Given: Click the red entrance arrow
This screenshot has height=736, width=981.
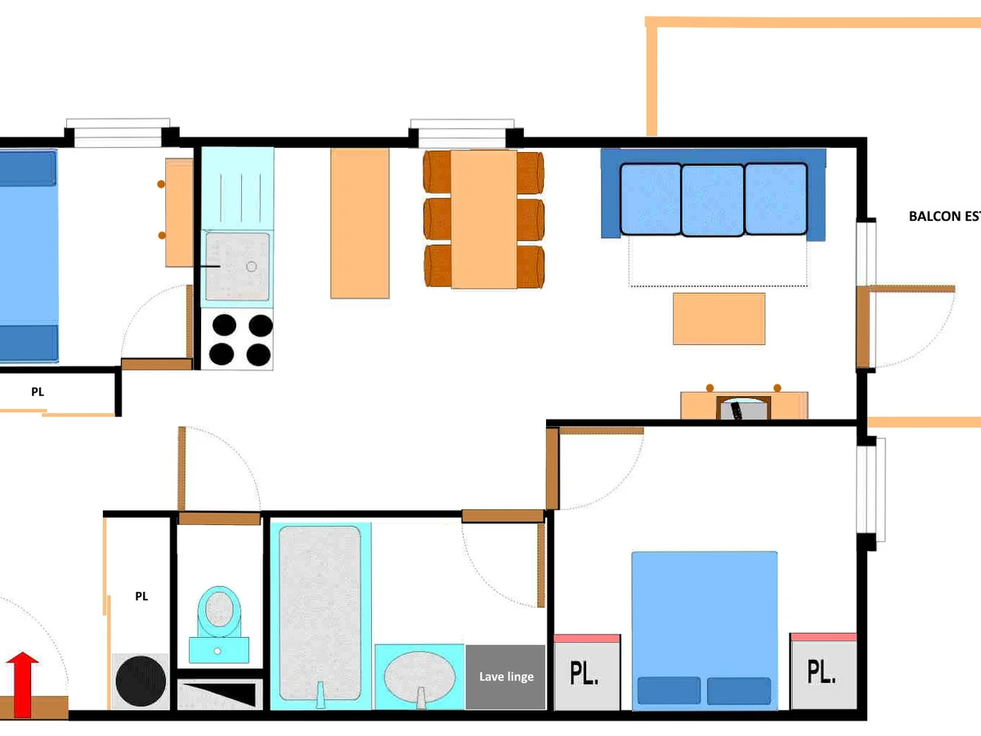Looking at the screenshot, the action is (22, 684).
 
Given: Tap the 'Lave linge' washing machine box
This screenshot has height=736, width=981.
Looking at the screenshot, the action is (505, 676).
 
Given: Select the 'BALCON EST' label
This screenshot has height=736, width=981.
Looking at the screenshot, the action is (944, 216).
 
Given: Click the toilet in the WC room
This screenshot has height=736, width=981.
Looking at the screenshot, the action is (219, 624).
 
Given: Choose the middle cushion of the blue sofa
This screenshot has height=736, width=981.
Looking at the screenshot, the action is (713, 200).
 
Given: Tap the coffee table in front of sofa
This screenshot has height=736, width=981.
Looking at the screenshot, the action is (719, 319).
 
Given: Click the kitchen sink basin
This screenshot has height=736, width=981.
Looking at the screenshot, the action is (238, 267).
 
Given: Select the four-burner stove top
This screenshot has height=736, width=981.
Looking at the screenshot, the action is (237, 339).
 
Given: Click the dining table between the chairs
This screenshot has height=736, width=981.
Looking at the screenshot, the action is (484, 219).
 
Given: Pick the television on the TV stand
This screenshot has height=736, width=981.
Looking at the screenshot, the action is (744, 408).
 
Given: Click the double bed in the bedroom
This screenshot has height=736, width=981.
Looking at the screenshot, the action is (705, 631).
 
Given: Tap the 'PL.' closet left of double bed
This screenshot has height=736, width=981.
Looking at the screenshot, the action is (587, 672).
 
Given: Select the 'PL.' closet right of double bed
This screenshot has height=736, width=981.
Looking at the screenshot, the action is (824, 671).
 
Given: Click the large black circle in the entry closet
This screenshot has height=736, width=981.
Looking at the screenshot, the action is (141, 681).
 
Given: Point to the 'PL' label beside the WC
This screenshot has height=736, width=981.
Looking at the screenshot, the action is (141, 596).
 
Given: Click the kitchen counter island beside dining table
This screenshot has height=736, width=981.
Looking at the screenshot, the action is (360, 223).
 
